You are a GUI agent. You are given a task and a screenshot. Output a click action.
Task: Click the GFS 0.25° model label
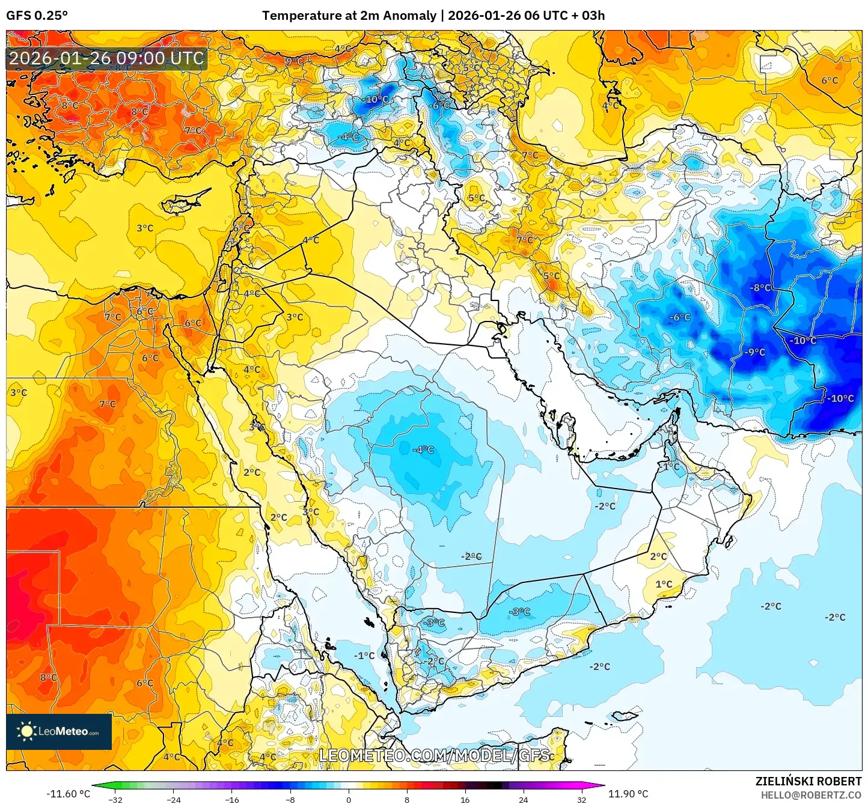tap(37, 16)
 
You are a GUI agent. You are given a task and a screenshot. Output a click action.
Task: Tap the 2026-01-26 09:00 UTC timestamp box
tap(106, 58)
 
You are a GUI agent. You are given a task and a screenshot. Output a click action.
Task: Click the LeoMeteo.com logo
tap(59, 731)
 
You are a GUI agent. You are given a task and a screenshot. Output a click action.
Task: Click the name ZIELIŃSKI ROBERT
tap(808, 781)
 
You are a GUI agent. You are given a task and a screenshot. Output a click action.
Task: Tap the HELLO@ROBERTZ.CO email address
tap(811, 795)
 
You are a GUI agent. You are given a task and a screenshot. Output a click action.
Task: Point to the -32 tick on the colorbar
tap(115, 800)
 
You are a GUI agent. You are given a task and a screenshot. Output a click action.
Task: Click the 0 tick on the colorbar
tap(349, 800)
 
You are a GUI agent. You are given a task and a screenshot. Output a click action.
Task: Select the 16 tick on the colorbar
tap(465, 800)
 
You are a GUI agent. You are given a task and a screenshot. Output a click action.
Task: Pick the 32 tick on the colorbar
tap(581, 800)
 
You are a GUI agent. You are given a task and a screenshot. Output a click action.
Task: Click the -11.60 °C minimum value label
tap(68, 794)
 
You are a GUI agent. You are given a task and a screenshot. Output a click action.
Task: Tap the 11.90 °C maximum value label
tap(628, 794)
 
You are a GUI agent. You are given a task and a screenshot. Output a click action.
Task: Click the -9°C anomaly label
tap(755, 352)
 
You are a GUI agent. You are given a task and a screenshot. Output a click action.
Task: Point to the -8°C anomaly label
tap(760, 288)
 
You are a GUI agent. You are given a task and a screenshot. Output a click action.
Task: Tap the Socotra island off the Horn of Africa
tap(623, 716)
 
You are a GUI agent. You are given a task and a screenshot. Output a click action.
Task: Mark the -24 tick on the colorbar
tap(174, 800)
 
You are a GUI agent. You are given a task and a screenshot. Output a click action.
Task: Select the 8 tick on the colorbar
tap(407, 800)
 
